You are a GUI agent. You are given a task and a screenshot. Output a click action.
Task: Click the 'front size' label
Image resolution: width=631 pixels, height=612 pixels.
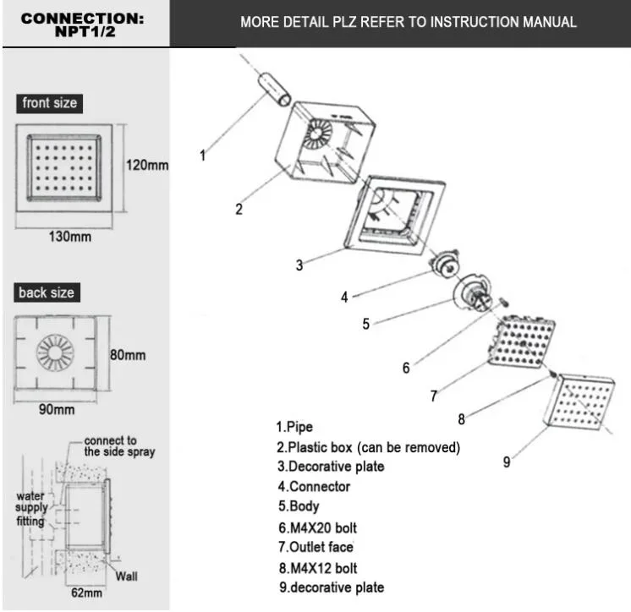(x=49, y=103)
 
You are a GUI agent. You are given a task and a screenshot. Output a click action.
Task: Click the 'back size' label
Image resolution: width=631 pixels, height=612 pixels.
(x=47, y=293)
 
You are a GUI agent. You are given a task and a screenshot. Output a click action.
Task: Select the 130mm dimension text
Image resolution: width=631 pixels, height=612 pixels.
(x=68, y=237)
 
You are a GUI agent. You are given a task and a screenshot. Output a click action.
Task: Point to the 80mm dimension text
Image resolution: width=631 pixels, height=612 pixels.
(x=128, y=355)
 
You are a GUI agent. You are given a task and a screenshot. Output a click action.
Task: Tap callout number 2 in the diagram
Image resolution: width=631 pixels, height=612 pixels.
(x=239, y=210)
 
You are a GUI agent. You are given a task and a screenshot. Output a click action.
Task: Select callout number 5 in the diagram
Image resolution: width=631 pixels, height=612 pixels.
(x=365, y=323)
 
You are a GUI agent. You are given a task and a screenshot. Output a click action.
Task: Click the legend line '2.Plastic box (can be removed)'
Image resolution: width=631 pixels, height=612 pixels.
(x=368, y=447)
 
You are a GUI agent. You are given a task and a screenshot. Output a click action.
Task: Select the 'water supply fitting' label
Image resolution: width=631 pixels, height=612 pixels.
(x=31, y=509)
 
